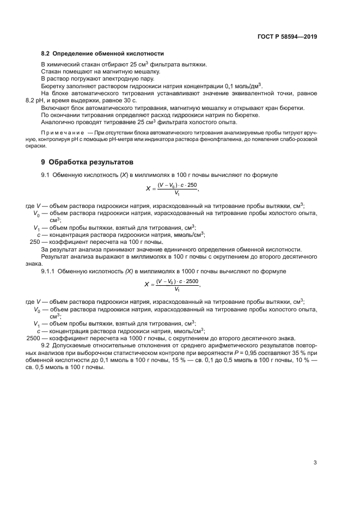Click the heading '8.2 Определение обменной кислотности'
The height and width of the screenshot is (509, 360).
click(102, 53)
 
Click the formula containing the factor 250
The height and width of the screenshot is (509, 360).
click(172, 189)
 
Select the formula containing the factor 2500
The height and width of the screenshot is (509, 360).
click(172, 285)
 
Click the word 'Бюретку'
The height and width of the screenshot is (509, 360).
click(53, 86)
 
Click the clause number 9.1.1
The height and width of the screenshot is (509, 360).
click(48, 271)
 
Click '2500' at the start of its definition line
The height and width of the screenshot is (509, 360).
click(34, 338)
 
